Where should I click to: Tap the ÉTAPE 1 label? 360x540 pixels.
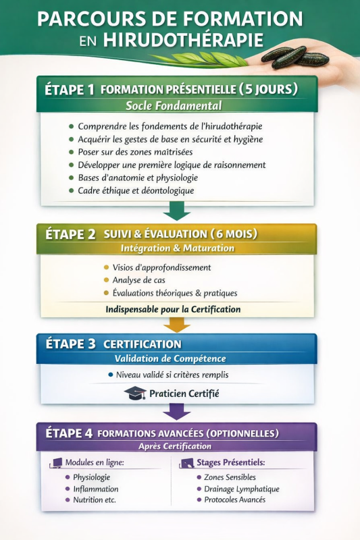tap(70, 89)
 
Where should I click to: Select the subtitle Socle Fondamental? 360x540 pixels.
tap(174, 105)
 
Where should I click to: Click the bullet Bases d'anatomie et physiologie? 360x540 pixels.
tap(138, 178)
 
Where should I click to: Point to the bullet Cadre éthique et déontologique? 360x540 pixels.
tap(136, 190)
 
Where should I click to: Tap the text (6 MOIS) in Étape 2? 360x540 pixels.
tap(234, 234)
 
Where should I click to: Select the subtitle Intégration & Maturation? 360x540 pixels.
tap(178, 248)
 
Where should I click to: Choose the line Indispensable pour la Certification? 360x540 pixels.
tap(173, 309)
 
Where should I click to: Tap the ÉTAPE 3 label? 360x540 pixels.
tap(70, 344)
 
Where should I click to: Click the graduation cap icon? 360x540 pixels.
tap(135, 394)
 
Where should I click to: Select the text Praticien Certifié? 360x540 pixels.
tap(184, 394)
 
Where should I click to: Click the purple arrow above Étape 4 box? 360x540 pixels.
tap(177, 410)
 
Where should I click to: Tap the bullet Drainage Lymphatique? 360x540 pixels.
tap(236, 489)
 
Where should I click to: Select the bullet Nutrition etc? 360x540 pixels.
tap(95, 500)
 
